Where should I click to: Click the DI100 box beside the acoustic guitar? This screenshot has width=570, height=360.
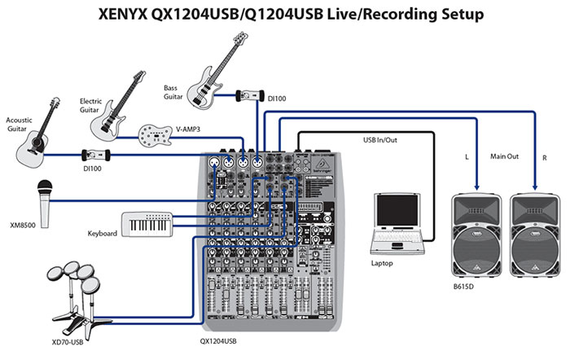96,154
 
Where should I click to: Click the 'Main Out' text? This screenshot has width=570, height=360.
504,153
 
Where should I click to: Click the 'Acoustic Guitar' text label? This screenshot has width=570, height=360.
21,122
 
